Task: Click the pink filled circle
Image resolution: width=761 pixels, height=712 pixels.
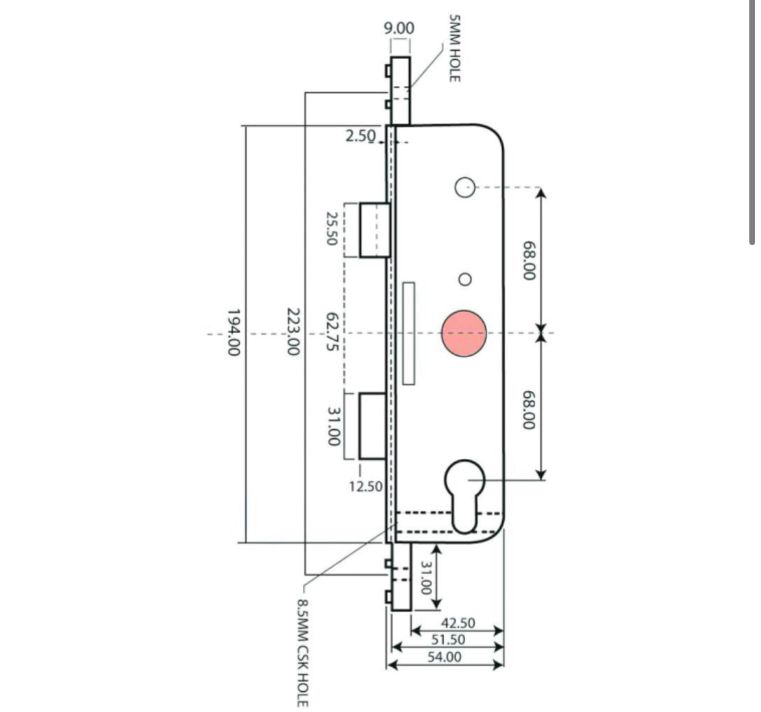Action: pyautogui.click(x=464, y=333)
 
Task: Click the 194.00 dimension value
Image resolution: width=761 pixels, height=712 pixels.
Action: pyautogui.click(x=234, y=332)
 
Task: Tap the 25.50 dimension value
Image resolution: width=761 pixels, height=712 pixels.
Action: pyautogui.click(x=331, y=229)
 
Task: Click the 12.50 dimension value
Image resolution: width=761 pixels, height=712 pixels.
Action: pyautogui.click(x=366, y=486)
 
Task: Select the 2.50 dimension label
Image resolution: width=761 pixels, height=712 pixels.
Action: pyautogui.click(x=360, y=136)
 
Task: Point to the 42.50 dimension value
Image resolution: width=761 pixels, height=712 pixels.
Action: pyautogui.click(x=458, y=623)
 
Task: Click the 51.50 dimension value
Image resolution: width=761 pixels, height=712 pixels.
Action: pyautogui.click(x=449, y=640)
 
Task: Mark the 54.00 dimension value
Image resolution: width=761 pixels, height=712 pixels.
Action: pyautogui.click(x=445, y=657)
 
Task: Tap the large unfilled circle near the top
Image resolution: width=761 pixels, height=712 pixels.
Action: pyautogui.click(x=464, y=187)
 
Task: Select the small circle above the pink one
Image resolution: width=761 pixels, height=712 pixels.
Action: pyautogui.click(x=464, y=280)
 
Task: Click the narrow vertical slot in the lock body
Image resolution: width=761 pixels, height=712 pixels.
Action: pyautogui.click(x=409, y=333)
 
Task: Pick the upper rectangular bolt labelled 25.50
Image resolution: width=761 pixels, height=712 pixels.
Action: pyautogui.click(x=375, y=230)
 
